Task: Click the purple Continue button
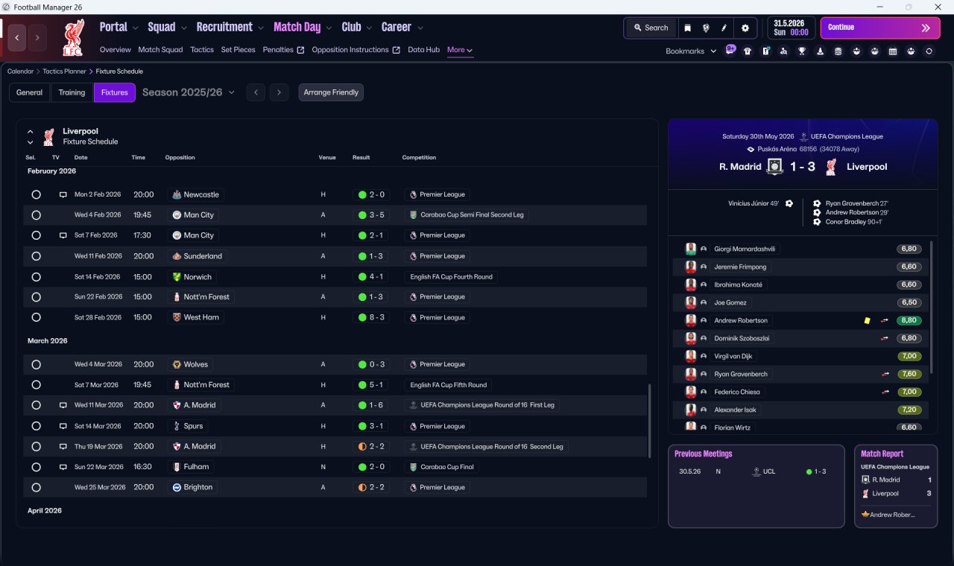880,28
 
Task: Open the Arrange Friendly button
331,92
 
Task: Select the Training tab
72,92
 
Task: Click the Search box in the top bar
651,28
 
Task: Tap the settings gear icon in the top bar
745,28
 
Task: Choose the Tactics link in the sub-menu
202,50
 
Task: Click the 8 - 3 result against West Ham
371,317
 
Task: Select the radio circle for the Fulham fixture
37,467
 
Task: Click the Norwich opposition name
198,277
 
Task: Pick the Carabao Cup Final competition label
446,467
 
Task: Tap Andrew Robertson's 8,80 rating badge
909,320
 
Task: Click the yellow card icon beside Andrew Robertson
867,321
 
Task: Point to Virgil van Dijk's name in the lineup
733,356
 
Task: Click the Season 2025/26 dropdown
189,92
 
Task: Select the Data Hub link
423,50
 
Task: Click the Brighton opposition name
198,487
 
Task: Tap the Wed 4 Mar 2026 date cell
98,364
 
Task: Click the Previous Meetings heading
703,454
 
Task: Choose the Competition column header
419,157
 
